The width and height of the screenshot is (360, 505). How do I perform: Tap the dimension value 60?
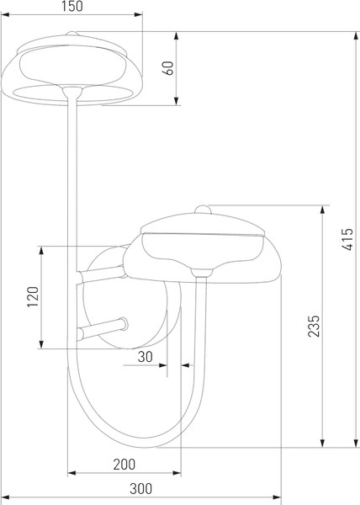pyautogui.click(x=167, y=69)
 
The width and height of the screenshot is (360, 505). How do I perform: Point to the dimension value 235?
pyautogui.click(x=314, y=326)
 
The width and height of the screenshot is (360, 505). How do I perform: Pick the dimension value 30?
pyautogui.click(x=146, y=357)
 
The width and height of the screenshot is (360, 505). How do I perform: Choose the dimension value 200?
pyautogui.click(x=124, y=465)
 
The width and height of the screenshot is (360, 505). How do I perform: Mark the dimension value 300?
pyautogui.click(x=141, y=489)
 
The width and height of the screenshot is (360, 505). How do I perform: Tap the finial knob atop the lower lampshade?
pyautogui.click(x=203, y=208)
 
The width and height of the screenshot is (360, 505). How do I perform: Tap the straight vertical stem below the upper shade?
pyautogui.click(x=72, y=185)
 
